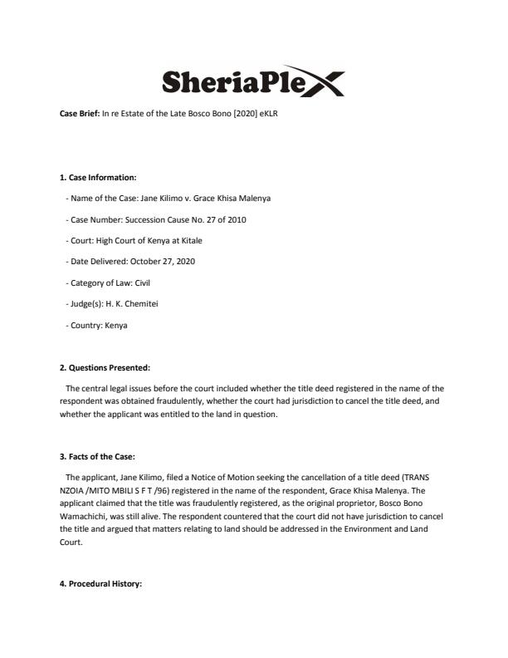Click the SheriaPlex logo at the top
click(x=253, y=82)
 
